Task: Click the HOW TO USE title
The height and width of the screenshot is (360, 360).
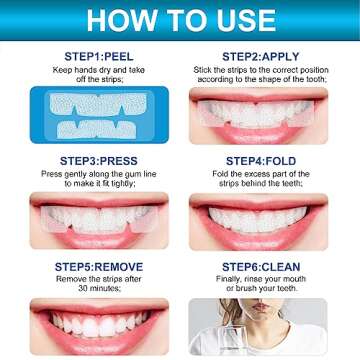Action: point(180,20)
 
